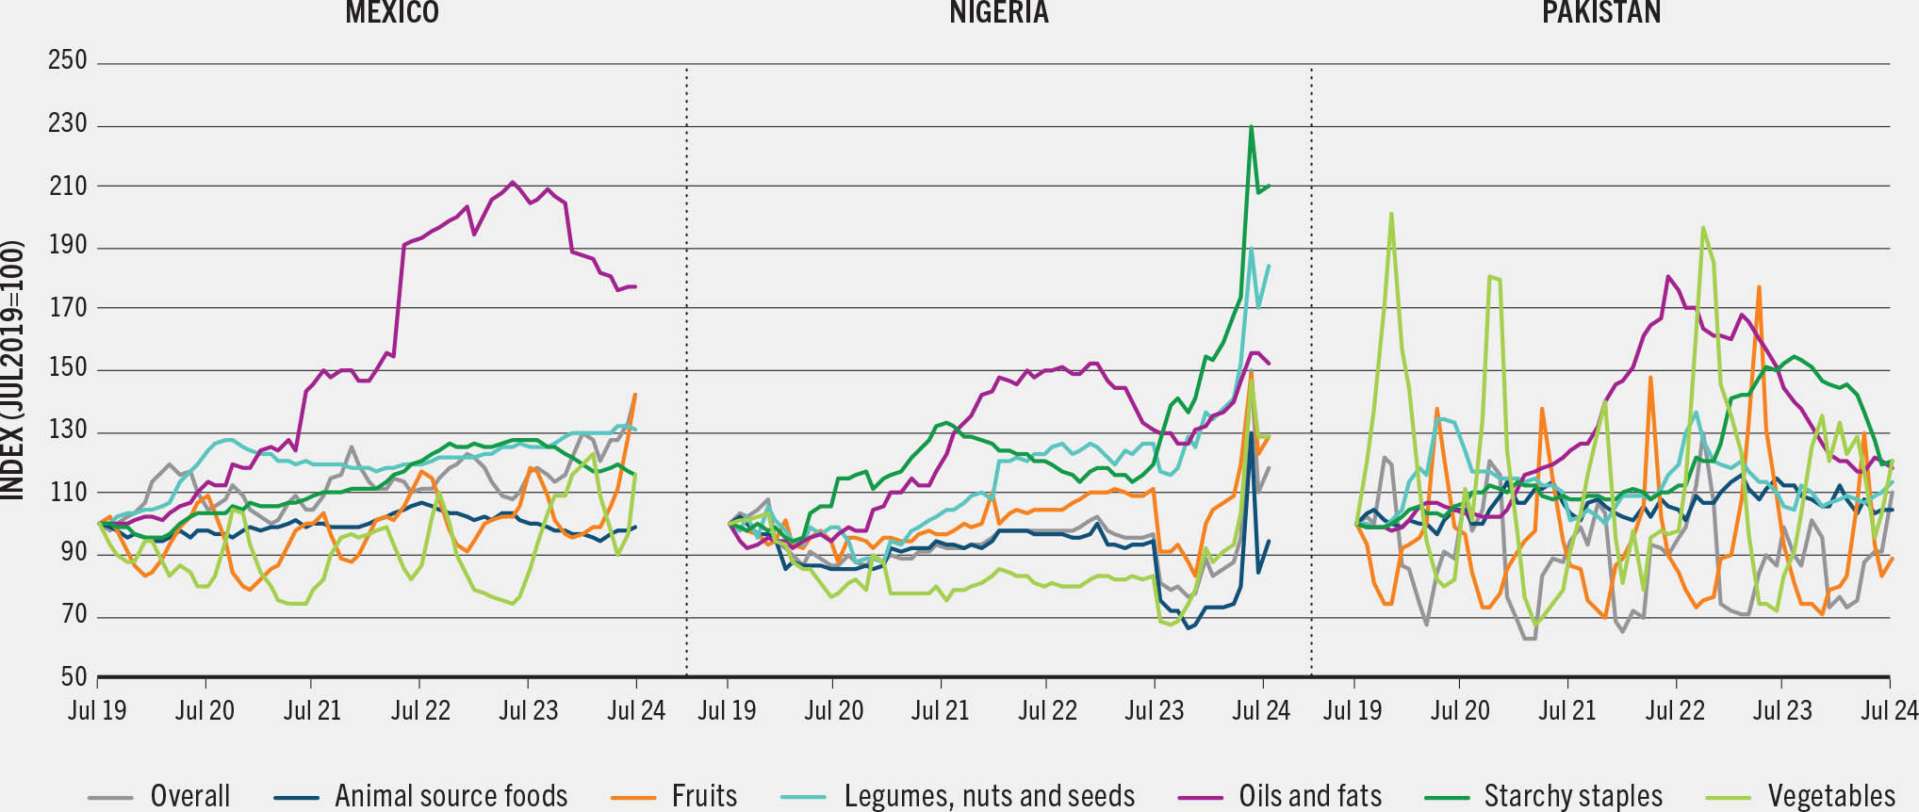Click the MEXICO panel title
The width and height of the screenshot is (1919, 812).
392,12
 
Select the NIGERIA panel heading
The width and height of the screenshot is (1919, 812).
998,12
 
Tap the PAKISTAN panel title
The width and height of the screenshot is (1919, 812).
1600,12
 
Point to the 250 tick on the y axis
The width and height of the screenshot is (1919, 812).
68,61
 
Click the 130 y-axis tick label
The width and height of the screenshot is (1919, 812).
68,430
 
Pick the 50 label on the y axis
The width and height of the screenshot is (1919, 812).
74,676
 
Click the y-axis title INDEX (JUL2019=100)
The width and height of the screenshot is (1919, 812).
12,370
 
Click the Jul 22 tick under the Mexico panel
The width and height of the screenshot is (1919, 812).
420,710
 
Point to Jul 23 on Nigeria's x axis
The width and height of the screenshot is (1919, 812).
1155,710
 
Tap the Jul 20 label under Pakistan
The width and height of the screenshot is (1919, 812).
1460,710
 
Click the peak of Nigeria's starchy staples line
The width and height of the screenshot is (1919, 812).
1251,126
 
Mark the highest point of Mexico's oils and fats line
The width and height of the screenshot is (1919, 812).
512,182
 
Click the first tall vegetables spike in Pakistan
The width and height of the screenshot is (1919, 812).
1391,214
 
